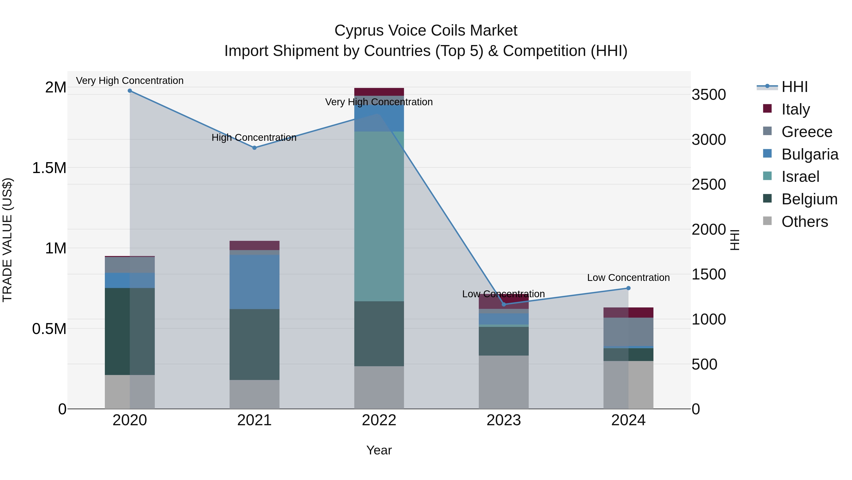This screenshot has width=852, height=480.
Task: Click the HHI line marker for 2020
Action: (130, 91)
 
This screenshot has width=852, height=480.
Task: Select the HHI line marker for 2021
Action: (254, 148)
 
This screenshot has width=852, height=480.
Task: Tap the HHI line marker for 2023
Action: (504, 304)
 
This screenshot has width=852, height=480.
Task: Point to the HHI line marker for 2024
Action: (628, 288)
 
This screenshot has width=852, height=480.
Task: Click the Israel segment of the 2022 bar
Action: (379, 216)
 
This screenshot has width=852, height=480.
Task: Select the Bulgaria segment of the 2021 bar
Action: (254, 282)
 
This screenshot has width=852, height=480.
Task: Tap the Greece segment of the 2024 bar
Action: (628, 332)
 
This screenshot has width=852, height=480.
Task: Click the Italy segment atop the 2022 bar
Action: (379, 92)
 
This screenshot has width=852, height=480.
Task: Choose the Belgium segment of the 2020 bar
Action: (130, 331)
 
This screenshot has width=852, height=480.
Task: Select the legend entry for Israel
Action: (800, 177)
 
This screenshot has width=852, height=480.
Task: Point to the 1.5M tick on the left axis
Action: (49, 168)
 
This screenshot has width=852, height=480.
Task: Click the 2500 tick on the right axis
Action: (708, 184)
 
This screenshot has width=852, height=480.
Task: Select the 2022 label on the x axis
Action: (379, 420)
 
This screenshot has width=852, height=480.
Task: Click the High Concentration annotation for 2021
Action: (254, 137)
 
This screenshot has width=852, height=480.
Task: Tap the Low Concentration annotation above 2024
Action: (628, 278)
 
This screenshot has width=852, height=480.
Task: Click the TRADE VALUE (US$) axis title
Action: (7, 240)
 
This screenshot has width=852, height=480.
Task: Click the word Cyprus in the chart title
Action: (359, 31)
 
